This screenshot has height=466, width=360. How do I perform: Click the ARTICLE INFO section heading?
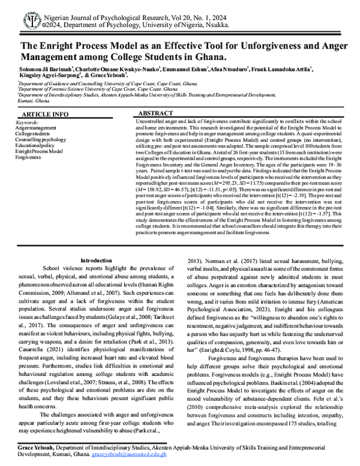[x=44, y=114]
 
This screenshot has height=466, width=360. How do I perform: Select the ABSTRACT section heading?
[x=156, y=113]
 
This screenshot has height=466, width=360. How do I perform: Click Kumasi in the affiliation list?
[x=25, y=101]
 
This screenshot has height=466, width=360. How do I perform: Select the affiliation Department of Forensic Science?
[x=53, y=89]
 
